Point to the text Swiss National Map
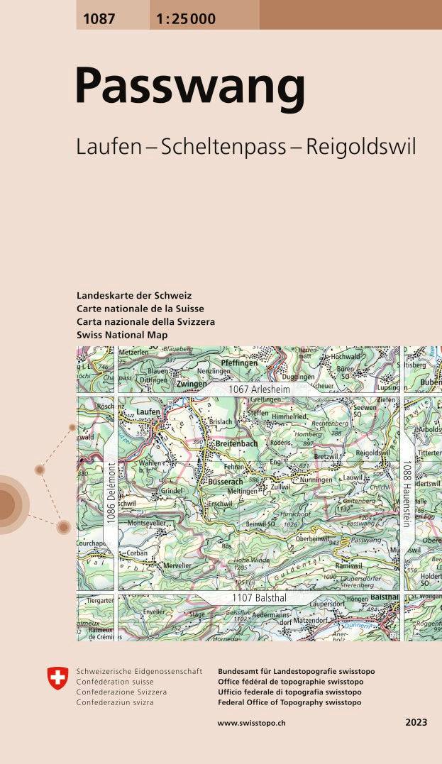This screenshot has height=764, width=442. [122, 334]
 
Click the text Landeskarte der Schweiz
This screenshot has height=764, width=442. [134, 295]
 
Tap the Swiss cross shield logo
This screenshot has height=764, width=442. [57, 678]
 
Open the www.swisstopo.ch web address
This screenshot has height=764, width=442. [251, 722]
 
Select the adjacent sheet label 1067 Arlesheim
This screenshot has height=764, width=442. [259, 390]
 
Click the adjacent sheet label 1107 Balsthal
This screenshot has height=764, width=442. [259, 598]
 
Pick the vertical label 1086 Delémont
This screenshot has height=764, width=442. [111, 494]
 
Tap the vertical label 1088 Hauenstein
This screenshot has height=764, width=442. [407, 494]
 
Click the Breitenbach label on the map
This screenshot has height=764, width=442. [236, 443]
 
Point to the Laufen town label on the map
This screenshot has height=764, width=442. [148, 411]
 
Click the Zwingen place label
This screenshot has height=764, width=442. [192, 383]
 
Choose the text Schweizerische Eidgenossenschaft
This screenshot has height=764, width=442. [138, 671]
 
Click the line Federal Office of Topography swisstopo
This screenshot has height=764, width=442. [289, 702]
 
